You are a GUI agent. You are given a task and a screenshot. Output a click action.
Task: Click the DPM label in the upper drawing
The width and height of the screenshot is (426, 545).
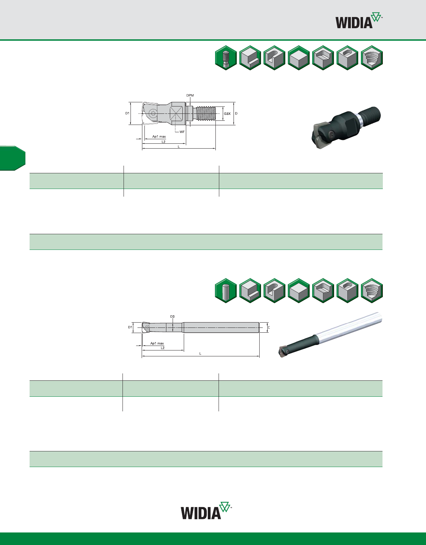pyautogui.click(x=190, y=95)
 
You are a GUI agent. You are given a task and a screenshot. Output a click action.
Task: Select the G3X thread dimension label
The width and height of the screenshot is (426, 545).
pyautogui.click(x=227, y=113)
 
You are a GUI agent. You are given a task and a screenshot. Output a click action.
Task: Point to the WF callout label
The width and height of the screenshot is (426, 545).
pyautogui.click(x=182, y=132)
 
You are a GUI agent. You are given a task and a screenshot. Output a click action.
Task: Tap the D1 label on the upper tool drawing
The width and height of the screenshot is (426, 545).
pyautogui.click(x=127, y=113)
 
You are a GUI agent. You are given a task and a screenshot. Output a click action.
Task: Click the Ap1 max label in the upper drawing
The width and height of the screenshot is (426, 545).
pyautogui.click(x=159, y=137)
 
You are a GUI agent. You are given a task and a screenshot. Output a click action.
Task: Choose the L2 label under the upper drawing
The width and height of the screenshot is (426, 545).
pyautogui.click(x=164, y=142)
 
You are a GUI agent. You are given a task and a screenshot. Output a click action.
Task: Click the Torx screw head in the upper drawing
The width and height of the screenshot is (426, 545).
pyautogui.click(x=153, y=113)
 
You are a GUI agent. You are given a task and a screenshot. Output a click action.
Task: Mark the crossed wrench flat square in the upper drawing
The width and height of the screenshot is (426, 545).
pyautogui.click(x=176, y=113)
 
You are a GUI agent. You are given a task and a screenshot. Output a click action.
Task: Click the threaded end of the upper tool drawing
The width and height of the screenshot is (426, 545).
pyautogui.click(x=206, y=113)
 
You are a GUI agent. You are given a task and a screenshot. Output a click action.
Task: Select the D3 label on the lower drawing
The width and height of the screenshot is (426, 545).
pyautogui.click(x=173, y=316)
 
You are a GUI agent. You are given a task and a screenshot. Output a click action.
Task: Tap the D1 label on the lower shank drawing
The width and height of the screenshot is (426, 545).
pyautogui.click(x=130, y=327)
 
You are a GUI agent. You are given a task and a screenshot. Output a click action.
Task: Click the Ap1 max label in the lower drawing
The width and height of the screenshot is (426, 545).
pyautogui.click(x=157, y=343)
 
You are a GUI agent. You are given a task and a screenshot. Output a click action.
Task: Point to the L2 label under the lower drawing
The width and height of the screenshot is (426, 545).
pyautogui.click(x=163, y=348)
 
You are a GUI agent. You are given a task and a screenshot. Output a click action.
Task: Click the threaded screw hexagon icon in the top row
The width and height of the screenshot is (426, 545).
pyautogui.click(x=226, y=58)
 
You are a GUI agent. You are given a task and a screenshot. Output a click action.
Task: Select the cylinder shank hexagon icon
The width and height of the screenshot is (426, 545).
pyautogui.click(x=226, y=291)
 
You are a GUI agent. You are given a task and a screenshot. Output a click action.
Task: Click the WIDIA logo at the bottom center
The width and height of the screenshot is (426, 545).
pyautogui.click(x=206, y=511)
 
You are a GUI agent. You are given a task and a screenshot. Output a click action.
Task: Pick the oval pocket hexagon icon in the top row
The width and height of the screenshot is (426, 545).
pyautogui.click(x=347, y=58)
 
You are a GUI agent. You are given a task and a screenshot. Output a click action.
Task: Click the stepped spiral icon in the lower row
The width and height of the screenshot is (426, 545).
pyautogui.click(x=372, y=291)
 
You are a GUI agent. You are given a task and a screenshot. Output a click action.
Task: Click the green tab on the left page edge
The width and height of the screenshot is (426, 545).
pyautogui.click(x=13, y=158)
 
